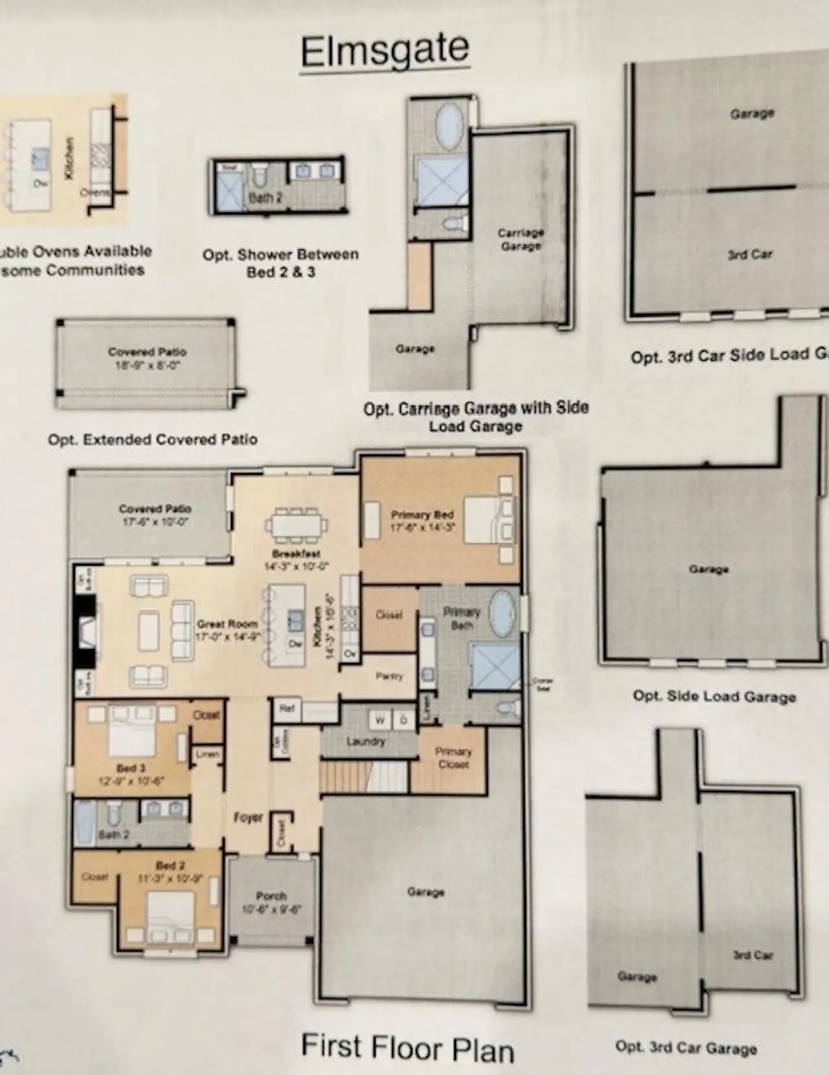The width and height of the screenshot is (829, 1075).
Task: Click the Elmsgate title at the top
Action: pyautogui.click(x=385, y=51)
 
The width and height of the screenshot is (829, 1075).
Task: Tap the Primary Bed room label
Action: pyautogui.click(x=422, y=514)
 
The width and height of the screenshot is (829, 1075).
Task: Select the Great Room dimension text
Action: pyautogui.click(x=228, y=636)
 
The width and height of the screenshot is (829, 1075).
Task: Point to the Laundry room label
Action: pyautogui.click(x=365, y=741)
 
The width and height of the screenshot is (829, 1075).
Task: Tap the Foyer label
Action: pyautogui.click(x=248, y=818)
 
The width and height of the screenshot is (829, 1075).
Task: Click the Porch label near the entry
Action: pyautogui.click(x=271, y=896)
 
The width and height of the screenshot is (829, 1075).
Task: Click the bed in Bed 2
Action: pyautogui.click(x=170, y=915)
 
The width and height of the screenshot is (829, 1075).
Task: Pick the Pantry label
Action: pyautogui.click(x=389, y=676)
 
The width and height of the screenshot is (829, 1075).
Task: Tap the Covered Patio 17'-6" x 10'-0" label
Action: pyautogui.click(x=155, y=514)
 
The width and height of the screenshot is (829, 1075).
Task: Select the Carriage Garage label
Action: pyautogui.click(x=521, y=238)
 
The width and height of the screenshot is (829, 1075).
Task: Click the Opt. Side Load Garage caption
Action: pyautogui.click(x=714, y=697)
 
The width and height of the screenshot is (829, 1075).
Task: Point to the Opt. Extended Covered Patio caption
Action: pyautogui.click(x=153, y=439)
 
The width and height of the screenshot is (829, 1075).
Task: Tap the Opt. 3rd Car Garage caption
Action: pyautogui.click(x=686, y=1047)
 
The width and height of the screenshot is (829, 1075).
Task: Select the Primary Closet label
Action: pyautogui.click(x=453, y=757)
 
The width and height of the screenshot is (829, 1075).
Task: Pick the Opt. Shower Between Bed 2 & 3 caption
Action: pyautogui.click(x=280, y=262)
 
